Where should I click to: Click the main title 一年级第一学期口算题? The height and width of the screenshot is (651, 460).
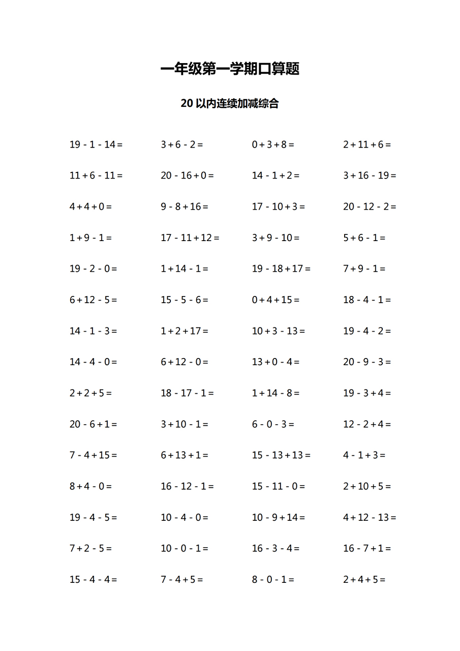click(x=230, y=69)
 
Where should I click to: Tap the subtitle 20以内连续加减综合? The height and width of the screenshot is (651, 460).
click(x=230, y=104)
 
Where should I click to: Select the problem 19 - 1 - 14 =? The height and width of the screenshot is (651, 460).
click(x=96, y=144)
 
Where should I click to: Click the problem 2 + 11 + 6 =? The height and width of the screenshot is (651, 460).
click(x=367, y=144)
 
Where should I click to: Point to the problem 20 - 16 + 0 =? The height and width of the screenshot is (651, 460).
click(x=187, y=175)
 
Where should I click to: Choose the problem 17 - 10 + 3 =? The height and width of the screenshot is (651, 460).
click(x=279, y=206)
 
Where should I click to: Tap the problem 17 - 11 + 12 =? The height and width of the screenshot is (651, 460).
click(x=190, y=238)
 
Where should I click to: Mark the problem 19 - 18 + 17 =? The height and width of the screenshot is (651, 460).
click(x=281, y=269)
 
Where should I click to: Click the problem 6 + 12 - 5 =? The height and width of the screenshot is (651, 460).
click(x=93, y=300)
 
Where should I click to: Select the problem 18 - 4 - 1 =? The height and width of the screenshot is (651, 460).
click(x=367, y=300)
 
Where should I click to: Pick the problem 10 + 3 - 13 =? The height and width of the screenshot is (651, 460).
click(x=279, y=331)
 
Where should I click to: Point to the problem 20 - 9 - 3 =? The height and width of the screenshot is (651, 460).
click(x=367, y=362)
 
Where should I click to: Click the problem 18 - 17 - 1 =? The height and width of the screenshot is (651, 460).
click(x=187, y=393)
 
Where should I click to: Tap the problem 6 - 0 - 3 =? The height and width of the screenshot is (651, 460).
click(x=273, y=424)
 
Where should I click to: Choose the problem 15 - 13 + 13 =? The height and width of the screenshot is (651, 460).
click(x=281, y=455)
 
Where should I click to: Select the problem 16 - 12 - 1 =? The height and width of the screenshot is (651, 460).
click(x=187, y=486)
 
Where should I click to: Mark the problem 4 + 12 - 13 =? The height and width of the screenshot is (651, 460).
click(x=370, y=518)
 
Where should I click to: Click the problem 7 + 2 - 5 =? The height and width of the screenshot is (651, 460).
click(x=90, y=548)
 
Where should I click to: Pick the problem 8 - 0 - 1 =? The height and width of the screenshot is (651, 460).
click(x=273, y=579)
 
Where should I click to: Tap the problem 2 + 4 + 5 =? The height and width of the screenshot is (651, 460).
click(x=364, y=579)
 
